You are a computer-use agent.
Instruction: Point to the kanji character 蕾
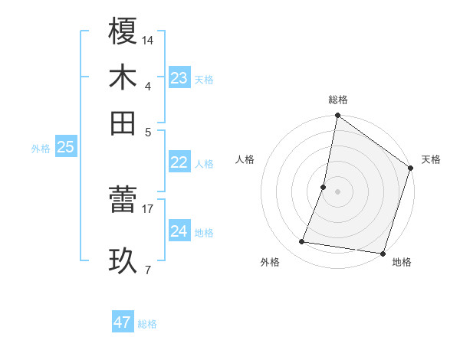[x=123, y=201]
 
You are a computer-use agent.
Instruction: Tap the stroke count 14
[x=148, y=39]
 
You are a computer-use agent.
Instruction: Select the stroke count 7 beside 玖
[x=148, y=270]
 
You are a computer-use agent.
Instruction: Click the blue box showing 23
[x=179, y=77]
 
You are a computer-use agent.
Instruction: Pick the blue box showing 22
[x=179, y=162]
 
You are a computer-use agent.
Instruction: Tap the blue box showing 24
[x=179, y=231]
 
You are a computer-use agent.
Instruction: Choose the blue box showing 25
[x=65, y=147]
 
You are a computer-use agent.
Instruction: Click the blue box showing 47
[x=123, y=322]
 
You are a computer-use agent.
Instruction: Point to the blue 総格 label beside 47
[x=147, y=324]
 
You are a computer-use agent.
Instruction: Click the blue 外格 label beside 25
[x=41, y=149]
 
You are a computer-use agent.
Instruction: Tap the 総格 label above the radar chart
[x=338, y=100]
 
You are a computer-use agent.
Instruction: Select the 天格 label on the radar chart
[x=431, y=159]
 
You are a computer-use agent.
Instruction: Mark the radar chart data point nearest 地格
[x=383, y=253]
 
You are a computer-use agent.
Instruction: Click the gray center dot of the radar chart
[x=337, y=191]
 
